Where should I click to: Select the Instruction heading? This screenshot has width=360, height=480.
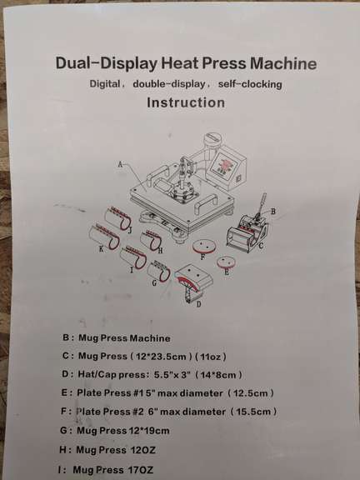click(185, 103)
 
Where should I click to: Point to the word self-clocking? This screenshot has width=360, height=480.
click(248, 85)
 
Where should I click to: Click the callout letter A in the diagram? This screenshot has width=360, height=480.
click(120, 164)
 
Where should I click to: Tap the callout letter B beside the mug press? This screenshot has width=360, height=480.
click(272, 212)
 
